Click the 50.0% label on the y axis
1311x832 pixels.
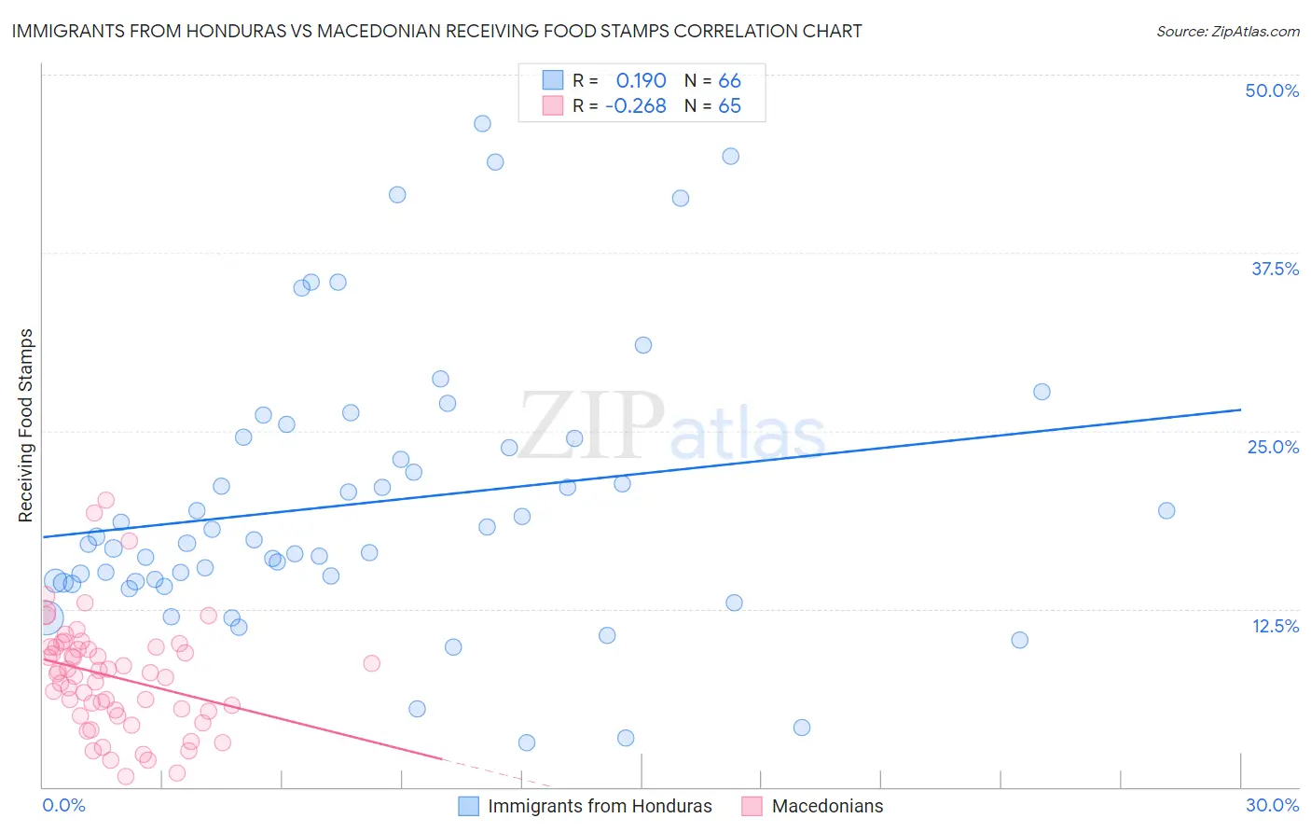pos(1272,90)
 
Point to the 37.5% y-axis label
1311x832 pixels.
pos(1275,269)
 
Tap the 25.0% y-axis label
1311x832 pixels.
pos(1273,447)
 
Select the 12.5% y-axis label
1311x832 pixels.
pos(1275,626)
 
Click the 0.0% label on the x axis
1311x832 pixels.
pos(63,805)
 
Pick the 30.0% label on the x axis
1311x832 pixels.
pos(1272,805)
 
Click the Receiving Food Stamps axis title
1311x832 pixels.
pos(26,425)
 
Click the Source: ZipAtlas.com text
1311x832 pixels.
pos(1227,31)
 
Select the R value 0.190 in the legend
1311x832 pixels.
pos(641,80)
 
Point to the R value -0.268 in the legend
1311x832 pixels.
pos(635,105)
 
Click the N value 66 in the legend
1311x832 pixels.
pos(729,80)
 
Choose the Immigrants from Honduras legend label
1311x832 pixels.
pos(600,806)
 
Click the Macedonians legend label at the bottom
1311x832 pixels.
pos(827,806)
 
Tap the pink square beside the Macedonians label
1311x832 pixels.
pos(752,806)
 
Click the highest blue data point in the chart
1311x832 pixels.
pos(482,123)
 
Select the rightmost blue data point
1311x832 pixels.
pos(1166,510)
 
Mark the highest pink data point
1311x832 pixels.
pos(106,500)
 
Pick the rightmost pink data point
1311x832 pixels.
pos(372,663)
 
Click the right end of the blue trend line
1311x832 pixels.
pos(1240,409)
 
